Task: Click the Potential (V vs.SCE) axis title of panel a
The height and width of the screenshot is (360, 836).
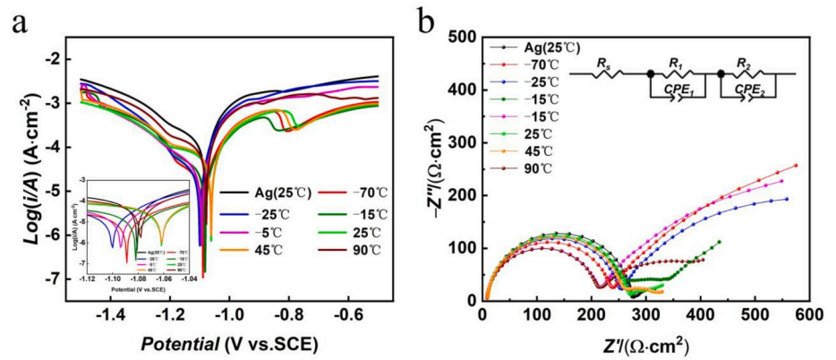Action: pyautogui.click(x=228, y=344)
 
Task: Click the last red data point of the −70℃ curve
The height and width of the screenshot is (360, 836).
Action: pyautogui.click(x=796, y=166)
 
